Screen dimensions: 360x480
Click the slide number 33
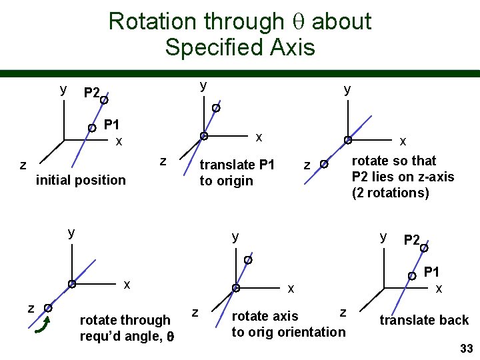[x=466, y=349]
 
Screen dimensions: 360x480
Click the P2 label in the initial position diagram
[x=91, y=93]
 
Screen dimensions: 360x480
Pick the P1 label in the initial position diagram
[x=112, y=125]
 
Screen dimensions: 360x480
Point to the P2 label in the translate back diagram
[x=411, y=240]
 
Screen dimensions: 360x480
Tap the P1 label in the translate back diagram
[x=431, y=271]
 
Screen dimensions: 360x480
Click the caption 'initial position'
[x=81, y=180]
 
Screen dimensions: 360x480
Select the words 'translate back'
[x=424, y=321]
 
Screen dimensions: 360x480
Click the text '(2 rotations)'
[x=391, y=193]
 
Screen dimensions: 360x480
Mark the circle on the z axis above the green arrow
[x=48, y=308]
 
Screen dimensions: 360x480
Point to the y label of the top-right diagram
[x=347, y=89]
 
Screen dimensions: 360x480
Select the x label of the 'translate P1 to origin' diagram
[x=259, y=137]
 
